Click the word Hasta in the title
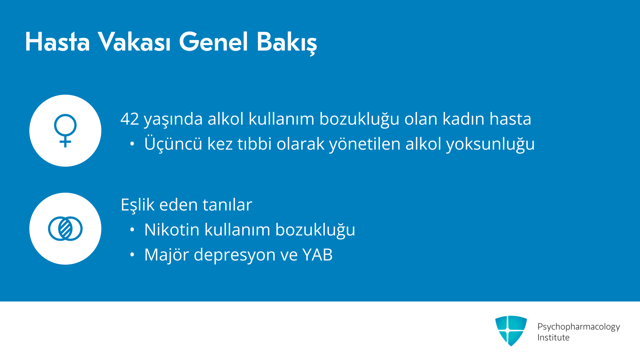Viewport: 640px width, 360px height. [58, 42]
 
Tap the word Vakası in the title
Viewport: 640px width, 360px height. [134, 42]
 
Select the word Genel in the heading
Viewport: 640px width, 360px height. [214, 42]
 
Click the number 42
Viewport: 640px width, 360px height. [130, 119]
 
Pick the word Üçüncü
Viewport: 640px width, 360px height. [173, 144]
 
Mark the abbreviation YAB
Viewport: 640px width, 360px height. [317, 255]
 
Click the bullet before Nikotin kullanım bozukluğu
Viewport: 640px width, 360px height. [132, 230]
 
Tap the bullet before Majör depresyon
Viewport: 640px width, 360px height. [132, 255]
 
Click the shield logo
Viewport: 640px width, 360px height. [511, 331]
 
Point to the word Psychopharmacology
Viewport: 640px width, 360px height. [579, 327]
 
